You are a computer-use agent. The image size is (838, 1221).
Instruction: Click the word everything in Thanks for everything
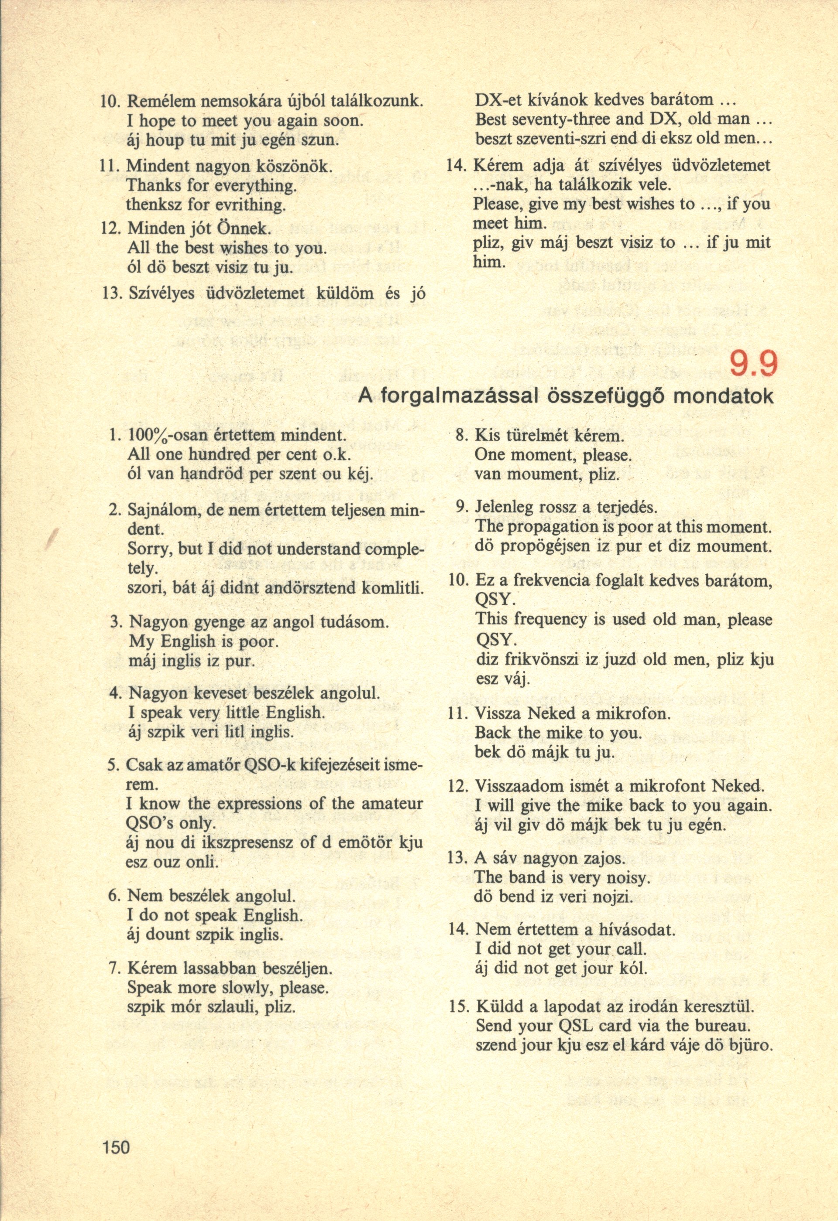tap(249, 185)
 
